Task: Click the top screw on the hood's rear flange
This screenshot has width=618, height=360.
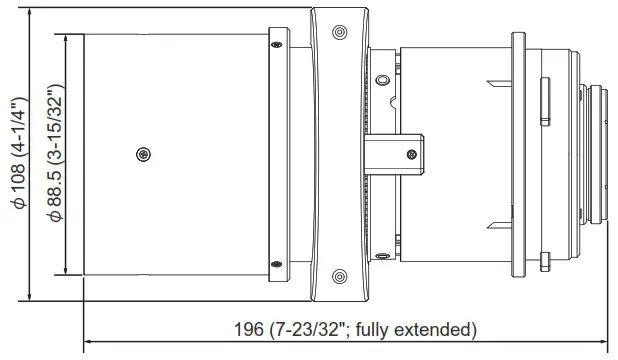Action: (x=274, y=44)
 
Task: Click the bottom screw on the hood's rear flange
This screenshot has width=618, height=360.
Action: (x=274, y=265)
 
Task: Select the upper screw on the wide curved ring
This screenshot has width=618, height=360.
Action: (x=338, y=32)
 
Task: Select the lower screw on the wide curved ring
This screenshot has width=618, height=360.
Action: (x=338, y=277)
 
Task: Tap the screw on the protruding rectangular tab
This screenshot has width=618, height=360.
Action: (x=410, y=154)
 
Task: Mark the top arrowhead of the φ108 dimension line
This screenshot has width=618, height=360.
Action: (x=32, y=12)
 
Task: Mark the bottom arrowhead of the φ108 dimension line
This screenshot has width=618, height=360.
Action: (x=32, y=297)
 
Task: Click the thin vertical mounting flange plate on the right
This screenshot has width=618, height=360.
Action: (x=518, y=154)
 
